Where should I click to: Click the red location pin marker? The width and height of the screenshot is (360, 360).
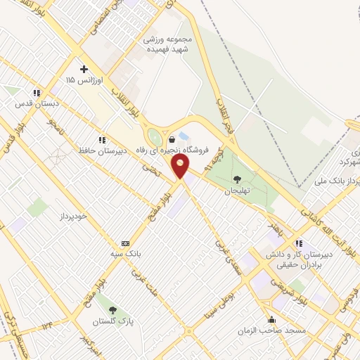[181, 166]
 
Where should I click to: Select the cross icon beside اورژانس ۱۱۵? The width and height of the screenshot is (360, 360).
[84, 69]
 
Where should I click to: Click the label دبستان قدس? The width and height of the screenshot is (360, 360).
[36, 104]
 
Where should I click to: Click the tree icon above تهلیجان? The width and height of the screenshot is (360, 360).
[236, 179]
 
